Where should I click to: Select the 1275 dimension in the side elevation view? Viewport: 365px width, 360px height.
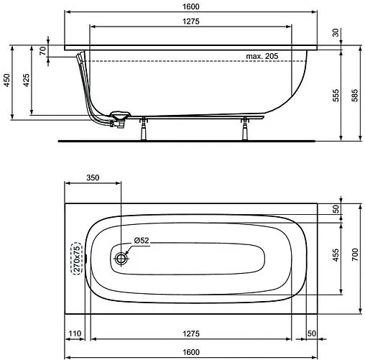(x=190, y=22)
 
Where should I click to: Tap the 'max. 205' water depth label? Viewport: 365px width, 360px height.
(x=262, y=56)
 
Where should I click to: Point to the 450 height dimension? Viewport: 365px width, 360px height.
(x=6, y=80)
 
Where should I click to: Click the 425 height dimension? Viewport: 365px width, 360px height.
(x=26, y=80)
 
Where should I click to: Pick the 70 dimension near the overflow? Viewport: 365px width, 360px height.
(x=42, y=51)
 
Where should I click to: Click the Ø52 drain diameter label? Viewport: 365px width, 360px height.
(x=142, y=241)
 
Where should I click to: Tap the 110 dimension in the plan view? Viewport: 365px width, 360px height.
(x=75, y=334)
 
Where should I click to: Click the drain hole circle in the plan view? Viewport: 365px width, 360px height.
(x=121, y=257)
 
